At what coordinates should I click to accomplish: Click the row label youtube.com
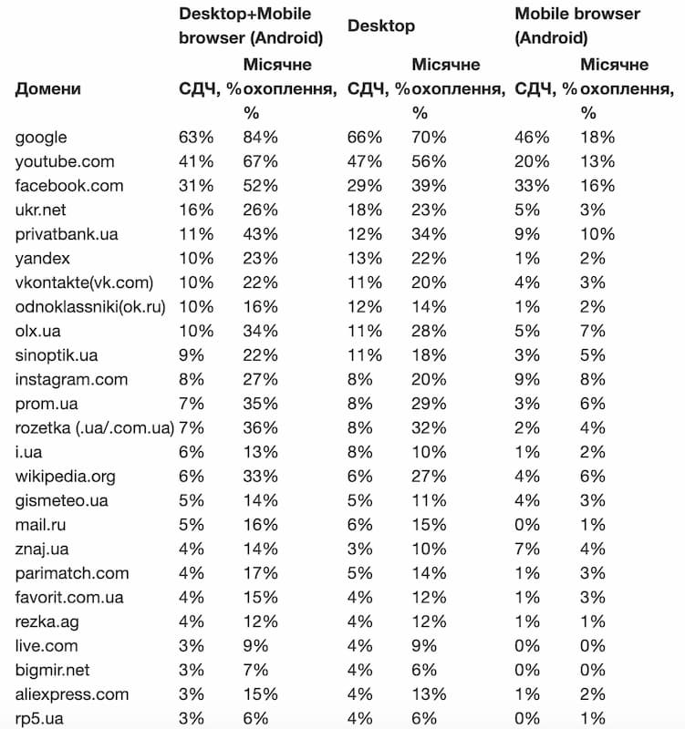coord(65,161)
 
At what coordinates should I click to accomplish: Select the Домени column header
coord(47,88)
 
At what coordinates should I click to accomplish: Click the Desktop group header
coord(381,26)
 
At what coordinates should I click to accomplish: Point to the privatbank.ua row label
coord(67,234)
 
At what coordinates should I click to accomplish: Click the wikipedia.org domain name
coord(66,477)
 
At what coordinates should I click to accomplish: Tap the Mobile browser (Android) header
coord(577,26)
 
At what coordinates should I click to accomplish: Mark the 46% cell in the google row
coord(533,138)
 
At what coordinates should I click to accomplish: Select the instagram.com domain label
coord(72,380)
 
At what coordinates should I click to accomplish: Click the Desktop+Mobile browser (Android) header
coord(251,26)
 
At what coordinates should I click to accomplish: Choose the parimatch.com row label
coord(72,573)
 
